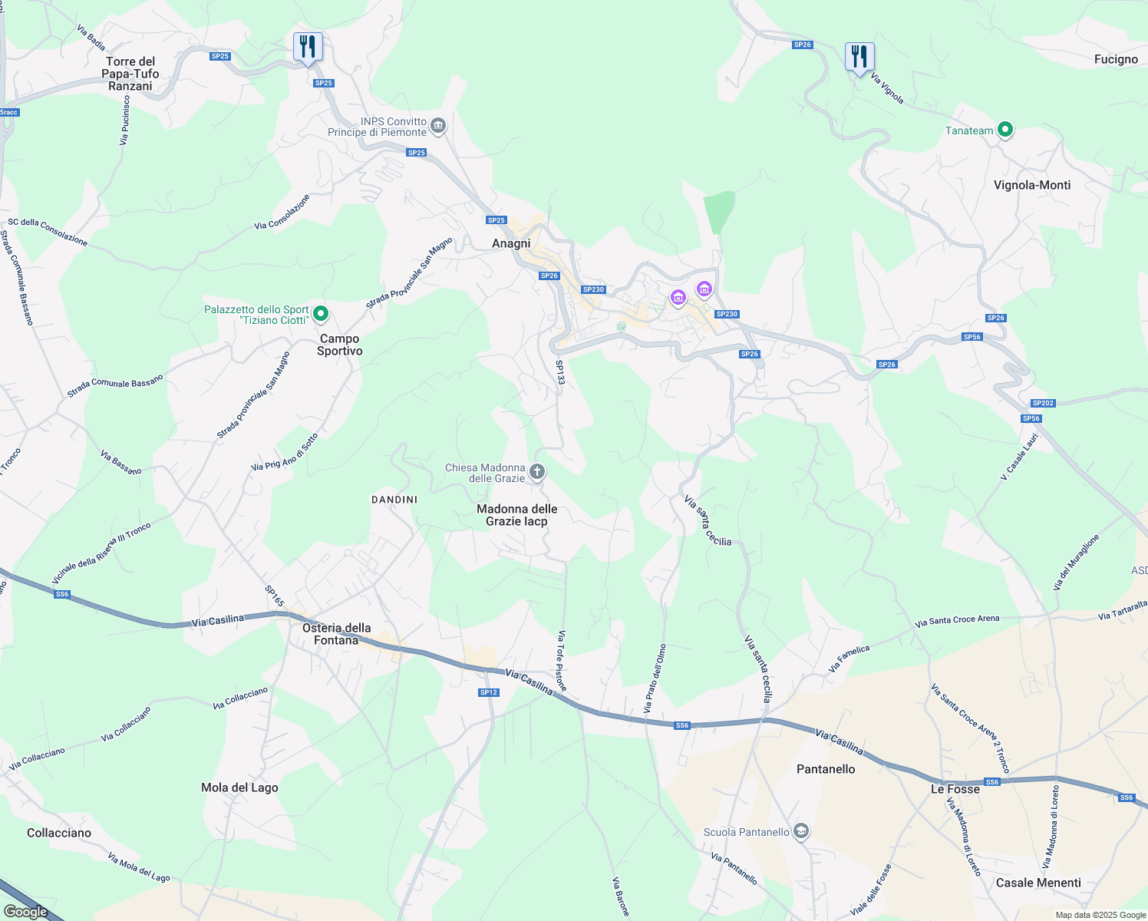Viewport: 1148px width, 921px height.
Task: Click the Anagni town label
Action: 511,243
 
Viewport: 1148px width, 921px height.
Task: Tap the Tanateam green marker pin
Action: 1004,130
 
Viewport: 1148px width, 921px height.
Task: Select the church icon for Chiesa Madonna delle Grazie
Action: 537,472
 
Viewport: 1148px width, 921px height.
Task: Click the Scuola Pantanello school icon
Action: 801,832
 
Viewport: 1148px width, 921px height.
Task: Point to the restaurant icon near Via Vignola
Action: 859,57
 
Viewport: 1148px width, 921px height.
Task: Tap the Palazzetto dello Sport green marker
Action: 321,313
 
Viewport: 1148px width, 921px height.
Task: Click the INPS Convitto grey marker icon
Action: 438,125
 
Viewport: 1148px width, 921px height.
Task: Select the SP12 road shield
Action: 489,692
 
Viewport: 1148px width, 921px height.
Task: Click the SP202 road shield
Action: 1043,403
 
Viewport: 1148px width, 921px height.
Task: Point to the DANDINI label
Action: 394,500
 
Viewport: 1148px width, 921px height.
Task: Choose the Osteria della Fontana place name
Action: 336,634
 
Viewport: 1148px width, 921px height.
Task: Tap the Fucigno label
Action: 1116,59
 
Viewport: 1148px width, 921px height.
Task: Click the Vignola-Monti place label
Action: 1031,185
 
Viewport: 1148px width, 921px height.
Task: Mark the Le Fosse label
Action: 955,789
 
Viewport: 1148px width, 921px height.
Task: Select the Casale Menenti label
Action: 1038,883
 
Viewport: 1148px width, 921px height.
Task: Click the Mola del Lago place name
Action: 239,787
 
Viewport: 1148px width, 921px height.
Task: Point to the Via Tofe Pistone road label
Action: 562,661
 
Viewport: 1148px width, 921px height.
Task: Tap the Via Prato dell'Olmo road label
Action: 655,678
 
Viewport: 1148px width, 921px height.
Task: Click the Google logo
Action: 25,912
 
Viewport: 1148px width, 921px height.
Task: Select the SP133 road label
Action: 560,378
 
